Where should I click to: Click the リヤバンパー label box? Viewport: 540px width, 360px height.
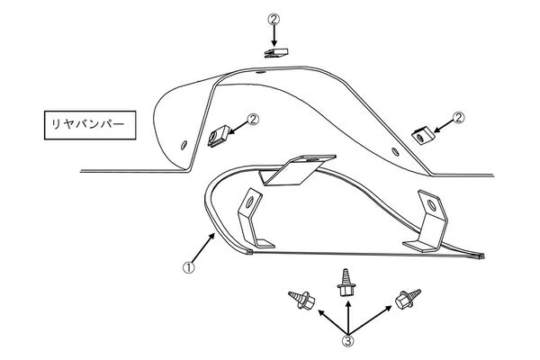point(90,125)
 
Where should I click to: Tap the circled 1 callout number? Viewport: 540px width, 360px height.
point(188,267)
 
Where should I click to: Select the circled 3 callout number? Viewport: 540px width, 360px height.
point(347,341)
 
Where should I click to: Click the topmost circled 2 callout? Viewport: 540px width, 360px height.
point(274,19)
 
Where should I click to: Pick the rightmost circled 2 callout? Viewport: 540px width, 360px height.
point(458,118)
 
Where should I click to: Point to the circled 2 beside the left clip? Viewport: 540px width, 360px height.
point(253,120)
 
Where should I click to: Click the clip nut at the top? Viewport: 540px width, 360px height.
point(276,53)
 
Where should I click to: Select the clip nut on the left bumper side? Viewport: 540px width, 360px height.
point(219,136)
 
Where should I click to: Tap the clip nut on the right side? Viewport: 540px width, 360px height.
point(423,135)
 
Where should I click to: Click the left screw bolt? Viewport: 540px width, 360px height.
point(301,300)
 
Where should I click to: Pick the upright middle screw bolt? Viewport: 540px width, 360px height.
point(345,283)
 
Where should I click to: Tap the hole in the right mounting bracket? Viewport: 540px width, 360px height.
point(431,205)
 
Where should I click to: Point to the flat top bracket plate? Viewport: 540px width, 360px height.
point(298,170)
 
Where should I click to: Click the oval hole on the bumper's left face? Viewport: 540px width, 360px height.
point(184,145)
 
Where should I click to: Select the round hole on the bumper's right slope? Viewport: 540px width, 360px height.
point(395,151)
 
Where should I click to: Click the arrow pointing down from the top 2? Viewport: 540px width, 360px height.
point(274,36)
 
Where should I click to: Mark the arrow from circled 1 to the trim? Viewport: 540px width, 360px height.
point(203,248)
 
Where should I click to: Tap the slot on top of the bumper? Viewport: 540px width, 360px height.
point(260,72)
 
